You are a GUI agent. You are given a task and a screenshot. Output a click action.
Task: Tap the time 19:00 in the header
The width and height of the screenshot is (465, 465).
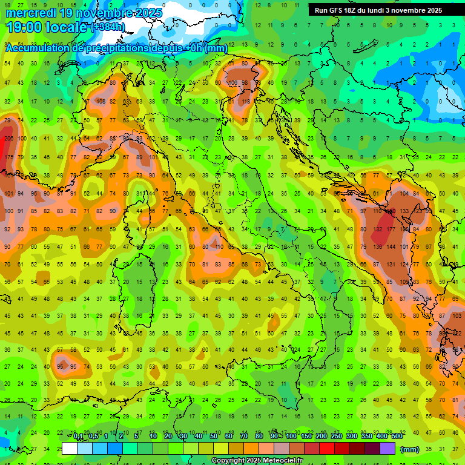(24, 27)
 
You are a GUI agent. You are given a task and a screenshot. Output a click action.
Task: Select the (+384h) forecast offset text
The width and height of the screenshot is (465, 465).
(108, 27)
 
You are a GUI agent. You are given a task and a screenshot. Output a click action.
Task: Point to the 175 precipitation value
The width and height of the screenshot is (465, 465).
(8, 157)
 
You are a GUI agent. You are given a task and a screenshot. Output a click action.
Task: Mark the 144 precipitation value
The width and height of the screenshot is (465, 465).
(391, 247)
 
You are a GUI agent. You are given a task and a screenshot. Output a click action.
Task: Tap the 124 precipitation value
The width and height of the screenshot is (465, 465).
(404, 265)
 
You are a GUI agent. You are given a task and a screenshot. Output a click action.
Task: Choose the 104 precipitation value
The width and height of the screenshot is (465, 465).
(404, 194)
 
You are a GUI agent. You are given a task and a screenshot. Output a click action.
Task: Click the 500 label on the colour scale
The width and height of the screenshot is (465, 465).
(397, 437)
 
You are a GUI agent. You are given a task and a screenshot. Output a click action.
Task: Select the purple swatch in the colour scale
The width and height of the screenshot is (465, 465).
(388, 449)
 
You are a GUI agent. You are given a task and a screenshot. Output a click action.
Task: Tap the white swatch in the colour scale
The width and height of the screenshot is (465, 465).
(70, 449)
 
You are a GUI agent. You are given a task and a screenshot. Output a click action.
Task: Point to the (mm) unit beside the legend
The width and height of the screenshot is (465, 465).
(410, 449)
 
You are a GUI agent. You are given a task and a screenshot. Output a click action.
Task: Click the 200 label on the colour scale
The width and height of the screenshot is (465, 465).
(321, 437)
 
